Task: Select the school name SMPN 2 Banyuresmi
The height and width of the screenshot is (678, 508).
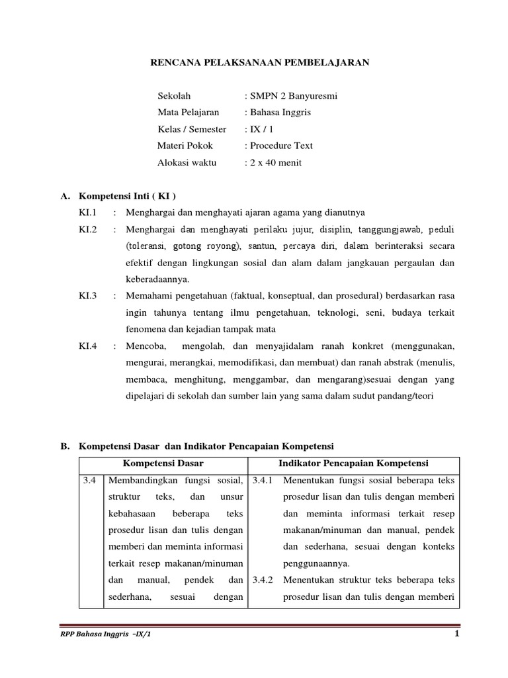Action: pos(293,96)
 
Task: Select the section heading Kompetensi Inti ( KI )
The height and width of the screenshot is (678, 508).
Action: pos(128,196)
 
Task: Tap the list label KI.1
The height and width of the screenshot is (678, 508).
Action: pos(88,213)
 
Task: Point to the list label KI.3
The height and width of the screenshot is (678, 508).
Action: pos(88,295)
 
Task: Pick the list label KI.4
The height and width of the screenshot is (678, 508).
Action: pos(88,345)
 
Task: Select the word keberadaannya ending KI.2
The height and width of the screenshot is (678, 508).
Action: pos(157,279)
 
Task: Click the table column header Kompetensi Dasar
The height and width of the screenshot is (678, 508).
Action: pos(163,463)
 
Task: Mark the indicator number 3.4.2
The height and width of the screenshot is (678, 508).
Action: pos(264,580)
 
